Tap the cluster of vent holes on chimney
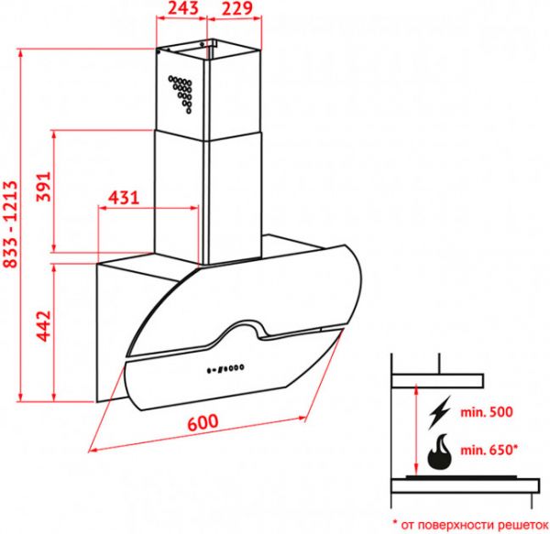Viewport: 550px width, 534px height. click(181, 90)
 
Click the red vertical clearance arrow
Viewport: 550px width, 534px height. click(418, 430)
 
